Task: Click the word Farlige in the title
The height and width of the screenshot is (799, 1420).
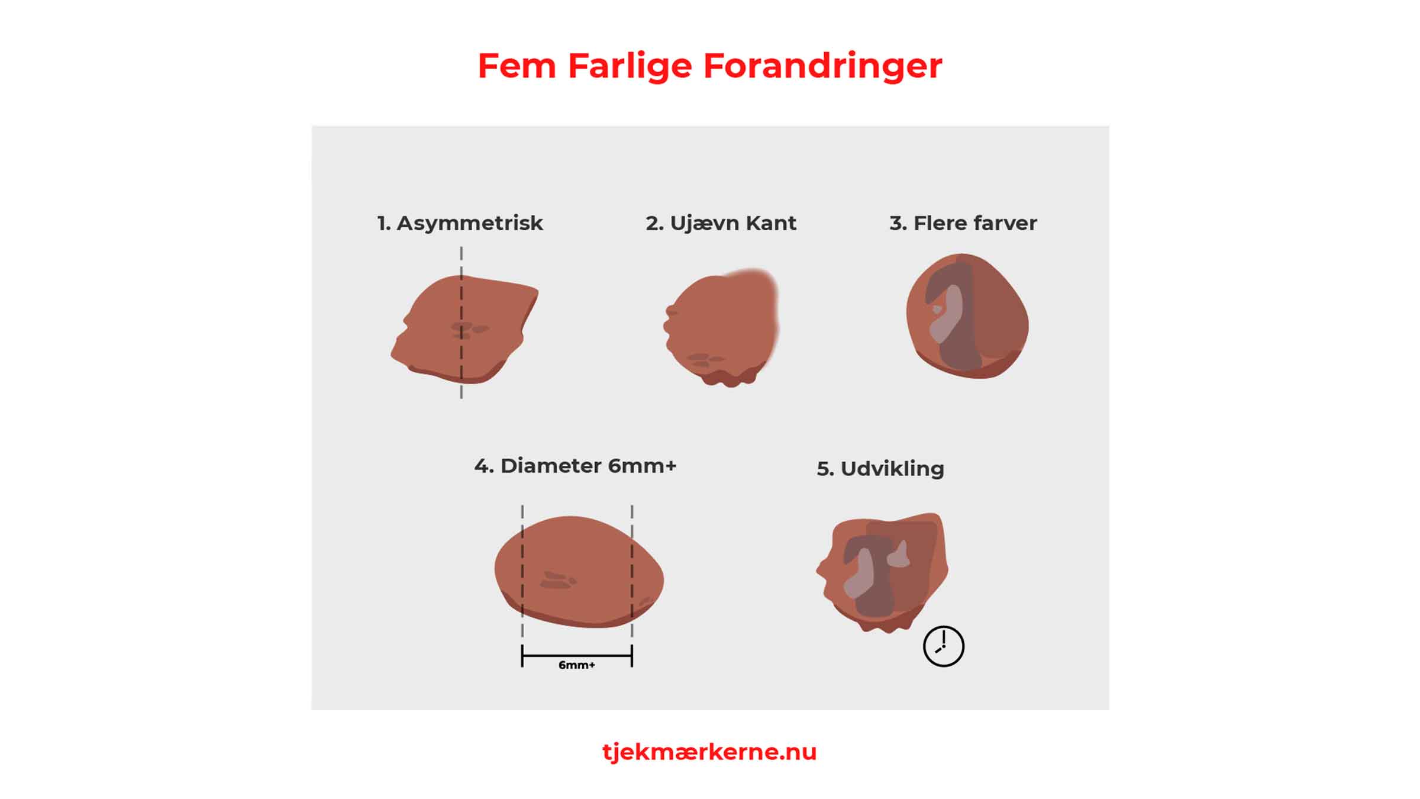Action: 630,66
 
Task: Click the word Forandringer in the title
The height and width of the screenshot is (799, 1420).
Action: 822,65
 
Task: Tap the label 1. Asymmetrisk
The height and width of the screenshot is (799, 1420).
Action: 460,223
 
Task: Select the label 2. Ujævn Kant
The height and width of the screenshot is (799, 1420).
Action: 721,223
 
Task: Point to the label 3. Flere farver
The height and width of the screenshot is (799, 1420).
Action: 963,223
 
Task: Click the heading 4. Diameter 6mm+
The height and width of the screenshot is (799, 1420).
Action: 575,466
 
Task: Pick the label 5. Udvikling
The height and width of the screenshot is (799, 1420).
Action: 880,469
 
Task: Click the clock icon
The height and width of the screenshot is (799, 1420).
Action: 944,646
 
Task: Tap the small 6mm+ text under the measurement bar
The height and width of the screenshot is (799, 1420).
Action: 577,665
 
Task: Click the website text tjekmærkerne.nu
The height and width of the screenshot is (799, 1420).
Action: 709,752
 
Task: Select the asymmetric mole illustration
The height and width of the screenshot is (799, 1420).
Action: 464,329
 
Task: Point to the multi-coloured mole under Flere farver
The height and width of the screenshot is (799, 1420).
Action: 967,316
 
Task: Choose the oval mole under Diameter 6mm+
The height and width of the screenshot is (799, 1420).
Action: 579,572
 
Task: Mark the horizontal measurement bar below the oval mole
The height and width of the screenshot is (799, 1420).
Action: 577,656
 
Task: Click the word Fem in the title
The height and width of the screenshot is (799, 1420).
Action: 517,66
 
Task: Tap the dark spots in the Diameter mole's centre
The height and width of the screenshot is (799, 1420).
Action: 557,580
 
